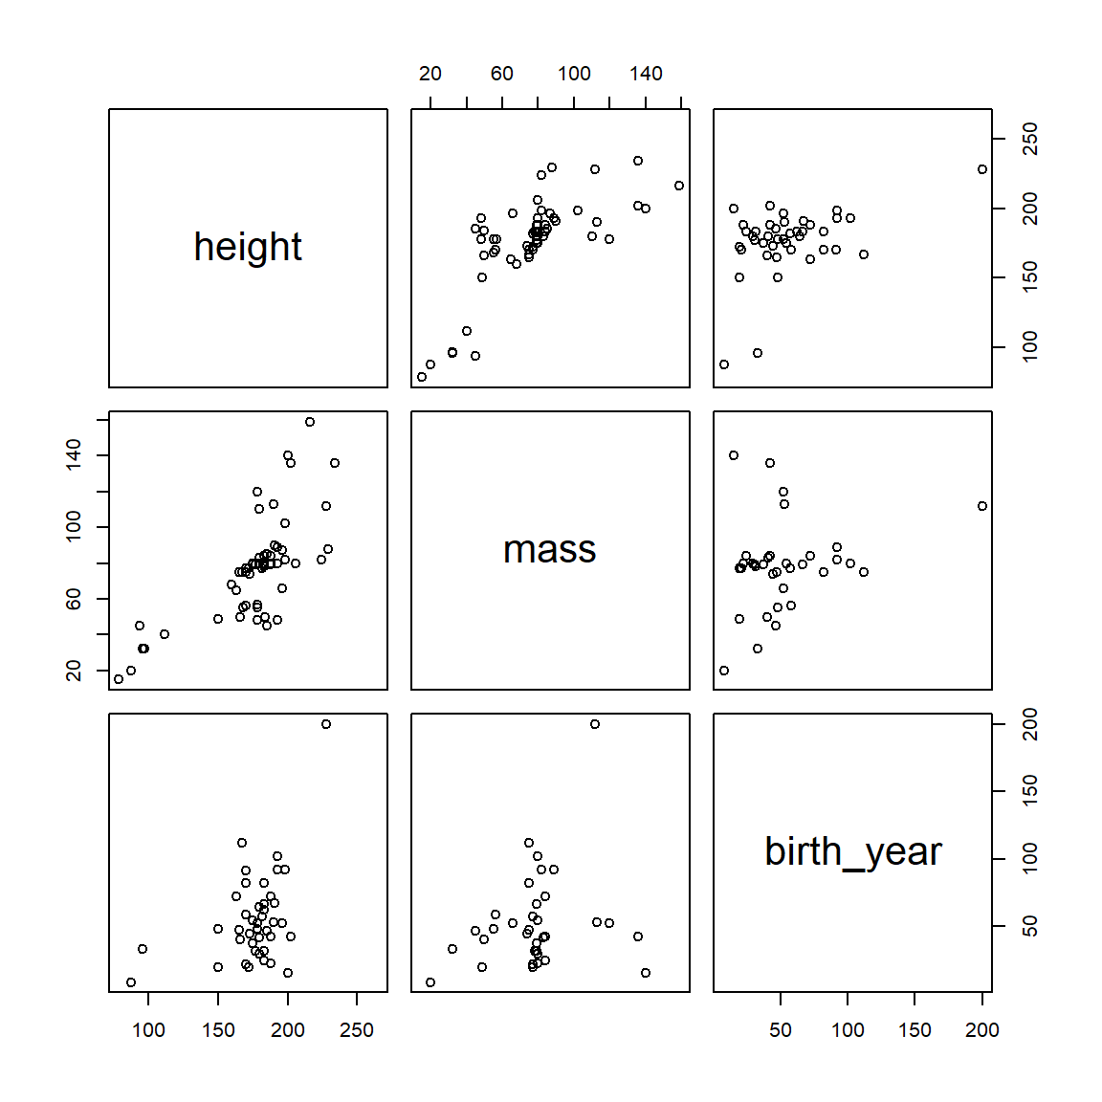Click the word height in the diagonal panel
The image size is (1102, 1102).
point(248,247)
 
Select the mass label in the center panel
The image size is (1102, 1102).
point(550,549)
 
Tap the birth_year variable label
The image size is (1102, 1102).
point(852,851)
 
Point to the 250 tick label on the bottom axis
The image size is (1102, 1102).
point(357,1030)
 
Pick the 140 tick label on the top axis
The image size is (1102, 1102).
point(646,74)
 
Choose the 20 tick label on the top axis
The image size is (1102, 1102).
point(430,74)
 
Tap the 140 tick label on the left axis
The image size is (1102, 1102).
point(74,455)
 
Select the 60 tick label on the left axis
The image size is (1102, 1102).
point(74,599)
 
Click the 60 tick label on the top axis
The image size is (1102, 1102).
point(502,74)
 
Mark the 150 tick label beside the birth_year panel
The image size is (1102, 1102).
point(1029,791)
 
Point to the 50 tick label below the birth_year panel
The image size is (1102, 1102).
point(781,1030)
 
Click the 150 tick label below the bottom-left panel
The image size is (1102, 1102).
point(218,1030)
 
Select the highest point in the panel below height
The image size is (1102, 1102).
point(310,422)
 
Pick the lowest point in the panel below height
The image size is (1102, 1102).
point(119,679)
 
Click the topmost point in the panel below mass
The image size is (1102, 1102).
point(595,724)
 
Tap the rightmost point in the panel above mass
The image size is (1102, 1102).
point(679,186)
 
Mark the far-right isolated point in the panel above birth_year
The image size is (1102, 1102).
point(982,169)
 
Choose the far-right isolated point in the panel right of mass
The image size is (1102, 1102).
point(982,506)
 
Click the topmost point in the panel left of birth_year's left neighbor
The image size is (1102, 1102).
point(326,724)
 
